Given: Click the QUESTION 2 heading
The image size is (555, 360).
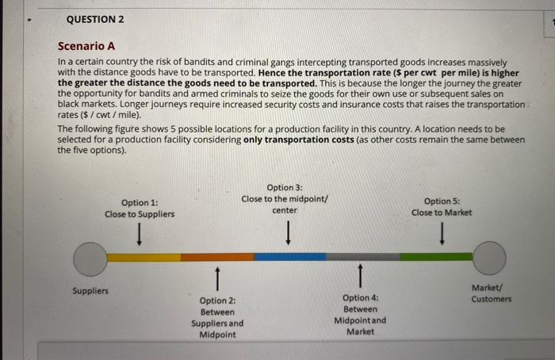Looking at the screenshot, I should [x=95, y=18].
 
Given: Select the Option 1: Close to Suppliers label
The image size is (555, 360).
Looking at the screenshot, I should [x=140, y=208].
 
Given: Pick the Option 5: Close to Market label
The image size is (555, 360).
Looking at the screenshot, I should [x=442, y=207].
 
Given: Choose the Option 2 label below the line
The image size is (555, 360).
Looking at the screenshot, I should [x=217, y=317].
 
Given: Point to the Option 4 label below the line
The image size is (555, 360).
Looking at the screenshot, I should [x=361, y=314].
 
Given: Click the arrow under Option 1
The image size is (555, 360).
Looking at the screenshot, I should [x=140, y=235].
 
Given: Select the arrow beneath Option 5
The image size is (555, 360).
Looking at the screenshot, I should [x=442, y=235].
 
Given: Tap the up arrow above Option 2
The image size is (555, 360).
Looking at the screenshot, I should [x=216, y=278].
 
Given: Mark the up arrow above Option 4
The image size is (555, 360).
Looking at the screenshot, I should [x=361, y=278].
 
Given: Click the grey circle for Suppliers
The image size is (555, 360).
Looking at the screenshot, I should [x=90, y=258].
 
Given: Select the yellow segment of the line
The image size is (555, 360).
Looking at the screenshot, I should [x=144, y=257].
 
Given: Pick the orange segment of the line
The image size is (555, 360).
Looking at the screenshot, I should [x=216, y=257].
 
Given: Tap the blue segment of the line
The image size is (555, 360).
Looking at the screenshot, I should [x=289, y=257].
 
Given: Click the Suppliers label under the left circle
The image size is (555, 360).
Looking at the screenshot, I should [x=90, y=291].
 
